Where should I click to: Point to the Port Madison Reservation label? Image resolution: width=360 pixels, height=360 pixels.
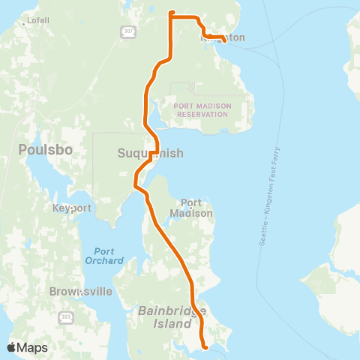coord(200,110)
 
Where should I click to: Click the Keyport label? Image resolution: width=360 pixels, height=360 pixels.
coord(72,208)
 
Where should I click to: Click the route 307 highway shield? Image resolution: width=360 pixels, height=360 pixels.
coord(128,31)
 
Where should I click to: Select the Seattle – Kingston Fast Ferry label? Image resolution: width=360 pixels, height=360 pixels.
coord(268,196)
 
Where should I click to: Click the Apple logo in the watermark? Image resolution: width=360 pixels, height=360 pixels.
coord(12,347)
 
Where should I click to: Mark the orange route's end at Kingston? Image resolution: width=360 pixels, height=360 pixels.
coord(225,41)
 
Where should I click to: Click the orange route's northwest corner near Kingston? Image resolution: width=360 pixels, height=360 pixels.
coord(172,13)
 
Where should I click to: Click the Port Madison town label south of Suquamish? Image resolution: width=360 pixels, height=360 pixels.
coord(196,208)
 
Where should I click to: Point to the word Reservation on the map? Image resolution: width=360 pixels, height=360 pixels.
coord(200,115)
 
